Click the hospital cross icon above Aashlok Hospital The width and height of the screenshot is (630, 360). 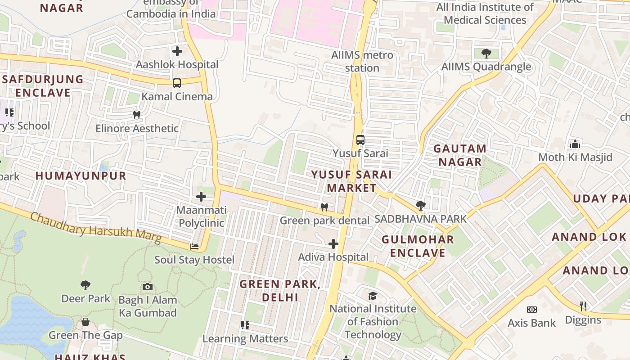(x=177, y=51)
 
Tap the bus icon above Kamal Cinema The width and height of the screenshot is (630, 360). (x=177, y=83)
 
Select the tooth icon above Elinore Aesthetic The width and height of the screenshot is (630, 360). (x=137, y=115)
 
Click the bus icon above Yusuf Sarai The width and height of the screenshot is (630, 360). (x=360, y=139)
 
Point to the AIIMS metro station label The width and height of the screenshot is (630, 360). (x=362, y=62)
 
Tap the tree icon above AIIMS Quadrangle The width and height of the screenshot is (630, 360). (x=486, y=54)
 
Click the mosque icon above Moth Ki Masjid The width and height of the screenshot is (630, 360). (x=575, y=144)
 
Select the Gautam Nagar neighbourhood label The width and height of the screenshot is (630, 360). (x=459, y=155)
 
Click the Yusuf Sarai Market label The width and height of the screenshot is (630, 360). (x=351, y=181)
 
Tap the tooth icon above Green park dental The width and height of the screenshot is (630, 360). (x=324, y=207)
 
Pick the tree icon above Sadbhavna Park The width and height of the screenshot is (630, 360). (x=420, y=206)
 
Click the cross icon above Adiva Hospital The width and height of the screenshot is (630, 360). (x=333, y=244)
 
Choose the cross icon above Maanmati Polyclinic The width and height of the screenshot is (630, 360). (x=201, y=197)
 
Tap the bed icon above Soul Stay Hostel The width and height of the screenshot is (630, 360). (x=194, y=247)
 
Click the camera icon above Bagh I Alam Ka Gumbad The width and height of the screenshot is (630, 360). (x=147, y=287)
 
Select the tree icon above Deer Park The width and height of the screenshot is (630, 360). (x=85, y=285)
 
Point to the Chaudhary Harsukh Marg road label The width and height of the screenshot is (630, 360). (x=95, y=228)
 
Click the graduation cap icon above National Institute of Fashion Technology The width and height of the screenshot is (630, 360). (x=373, y=296)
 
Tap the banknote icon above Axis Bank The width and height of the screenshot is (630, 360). (x=531, y=310)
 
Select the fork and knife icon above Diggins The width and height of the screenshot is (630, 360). (x=583, y=306)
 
